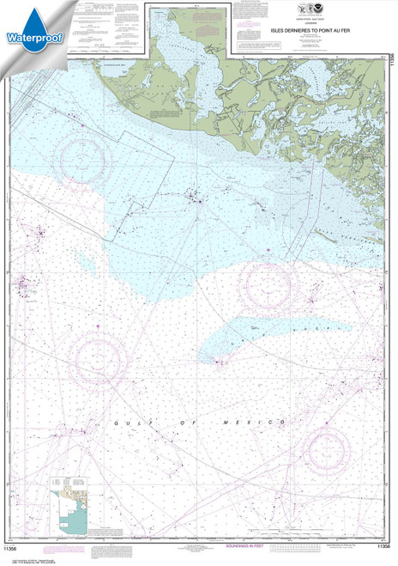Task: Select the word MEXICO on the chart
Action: [258, 423]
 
